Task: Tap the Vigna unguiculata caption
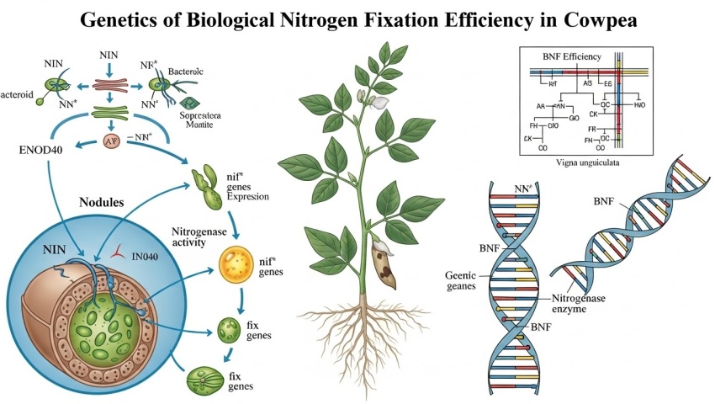(x=597, y=163)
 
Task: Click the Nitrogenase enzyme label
(x=580, y=305)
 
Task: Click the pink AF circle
(x=111, y=141)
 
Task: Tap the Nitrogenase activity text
(x=199, y=237)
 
